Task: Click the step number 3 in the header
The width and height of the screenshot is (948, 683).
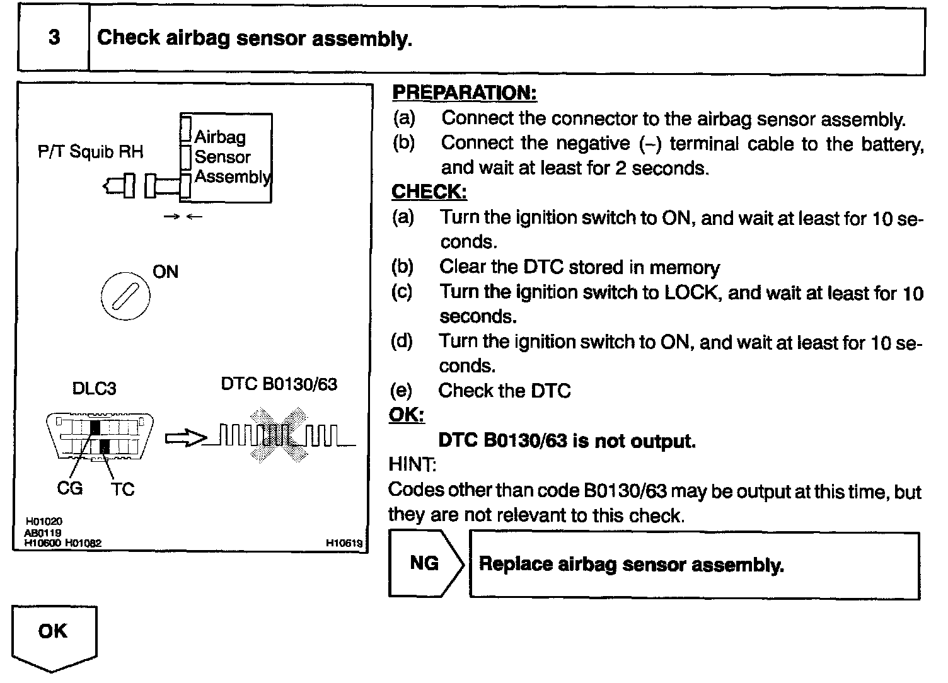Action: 54,38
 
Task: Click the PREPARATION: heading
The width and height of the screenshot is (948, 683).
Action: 464,93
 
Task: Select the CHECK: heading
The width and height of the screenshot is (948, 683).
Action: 429,192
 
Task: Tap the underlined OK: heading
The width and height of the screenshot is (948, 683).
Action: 407,415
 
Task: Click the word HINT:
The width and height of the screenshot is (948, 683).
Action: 412,465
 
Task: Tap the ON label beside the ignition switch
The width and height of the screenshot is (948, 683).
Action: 165,272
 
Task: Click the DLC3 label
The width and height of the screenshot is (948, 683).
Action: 95,388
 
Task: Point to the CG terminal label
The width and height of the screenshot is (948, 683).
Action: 69,488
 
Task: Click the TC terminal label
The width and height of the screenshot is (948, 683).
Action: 123,489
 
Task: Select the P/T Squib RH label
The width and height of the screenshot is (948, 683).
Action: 90,152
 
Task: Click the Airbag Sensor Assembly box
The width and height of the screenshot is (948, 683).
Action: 227,158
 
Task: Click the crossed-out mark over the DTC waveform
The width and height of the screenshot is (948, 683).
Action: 279,435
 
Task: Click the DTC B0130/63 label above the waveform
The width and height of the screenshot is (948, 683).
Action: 279,384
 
